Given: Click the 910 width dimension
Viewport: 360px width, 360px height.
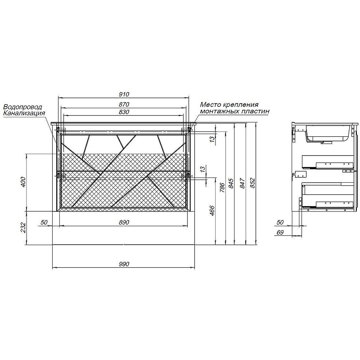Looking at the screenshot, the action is [x=124, y=94].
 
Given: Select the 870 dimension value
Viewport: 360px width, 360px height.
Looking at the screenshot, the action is [x=124, y=104].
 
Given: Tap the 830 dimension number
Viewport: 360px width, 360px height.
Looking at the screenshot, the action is [x=124, y=112].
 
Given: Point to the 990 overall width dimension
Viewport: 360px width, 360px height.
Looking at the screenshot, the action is [x=124, y=264].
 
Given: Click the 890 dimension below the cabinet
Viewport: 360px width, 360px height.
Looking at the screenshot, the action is [x=124, y=222].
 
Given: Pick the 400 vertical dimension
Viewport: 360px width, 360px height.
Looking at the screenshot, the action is [x=23, y=182].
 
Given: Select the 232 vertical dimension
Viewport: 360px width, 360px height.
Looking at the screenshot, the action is [x=23, y=228].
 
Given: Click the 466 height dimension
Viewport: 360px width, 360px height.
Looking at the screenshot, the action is [x=212, y=211].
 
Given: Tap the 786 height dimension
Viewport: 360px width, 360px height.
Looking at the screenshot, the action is [x=222, y=187].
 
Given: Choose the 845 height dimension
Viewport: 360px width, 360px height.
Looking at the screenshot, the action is [x=231, y=184].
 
